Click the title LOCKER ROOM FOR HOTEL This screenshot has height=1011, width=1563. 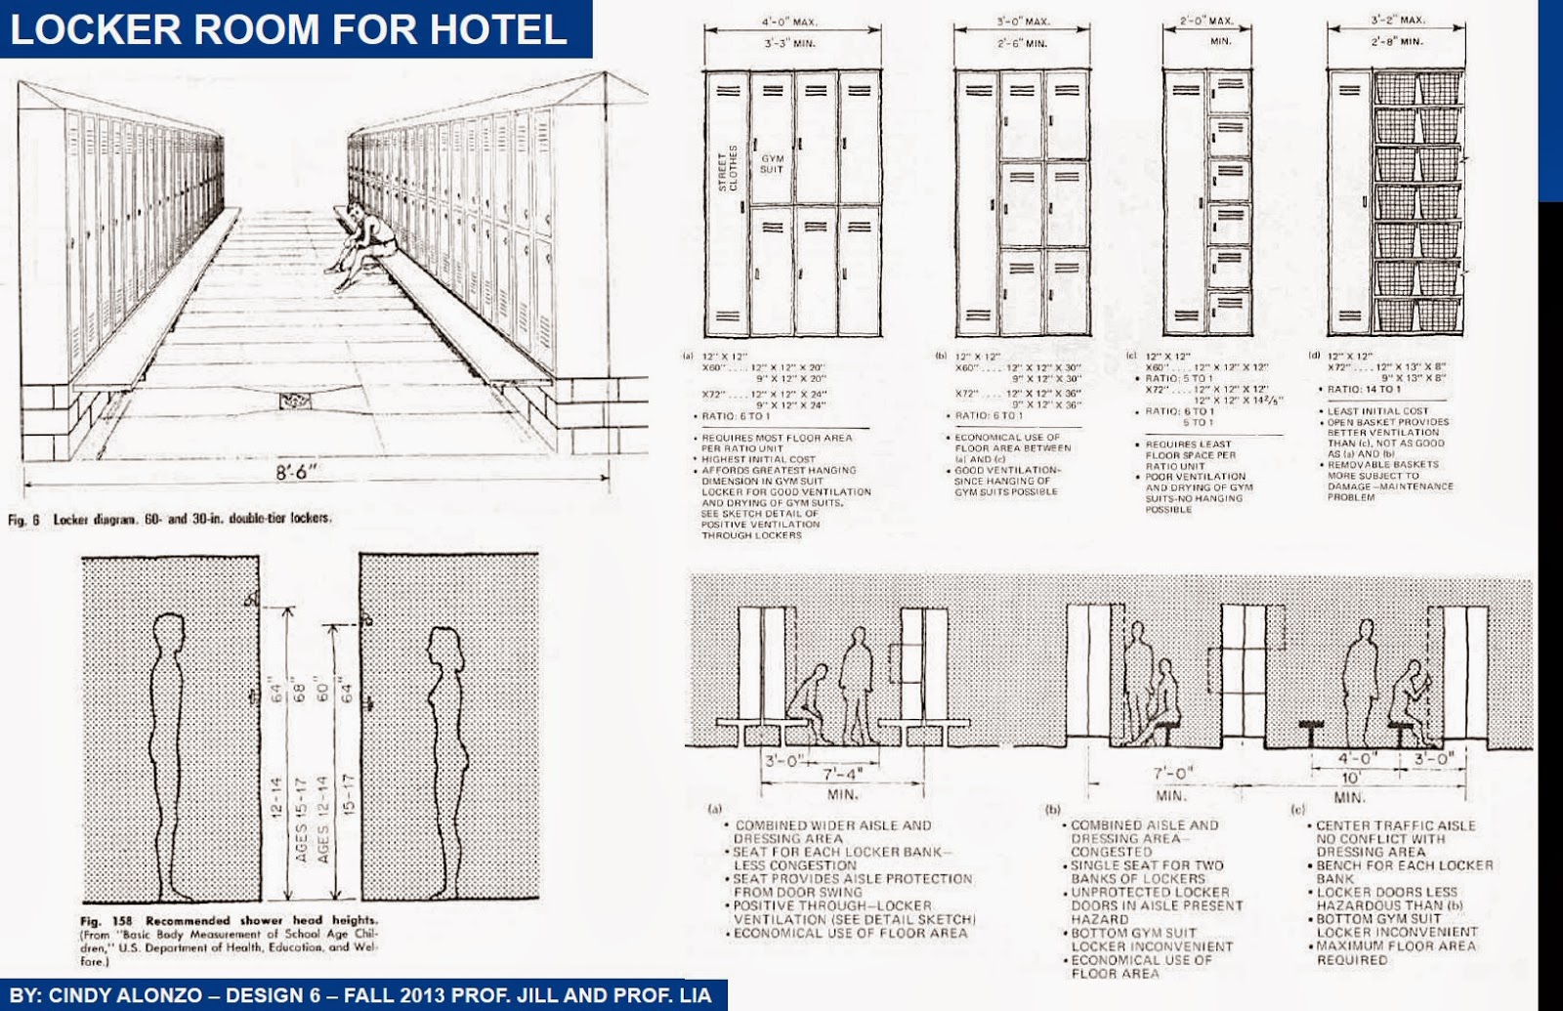pyautogui.click(x=289, y=28)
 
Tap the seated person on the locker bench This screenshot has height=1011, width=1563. pyautogui.click(x=360, y=247)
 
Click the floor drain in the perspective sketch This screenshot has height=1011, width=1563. pyautogui.click(x=295, y=400)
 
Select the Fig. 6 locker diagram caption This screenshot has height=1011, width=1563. pyautogui.click(x=170, y=519)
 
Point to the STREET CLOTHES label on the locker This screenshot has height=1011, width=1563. pyautogui.click(x=728, y=169)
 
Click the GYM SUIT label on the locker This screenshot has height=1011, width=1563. pyautogui.click(x=772, y=163)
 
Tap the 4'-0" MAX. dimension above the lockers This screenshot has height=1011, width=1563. pyautogui.click(x=790, y=21)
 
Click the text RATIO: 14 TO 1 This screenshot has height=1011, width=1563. pyautogui.click(x=1364, y=389)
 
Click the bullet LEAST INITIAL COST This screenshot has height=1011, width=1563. pyautogui.click(x=1377, y=411)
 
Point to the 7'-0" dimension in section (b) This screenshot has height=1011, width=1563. pyautogui.click(x=1171, y=774)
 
